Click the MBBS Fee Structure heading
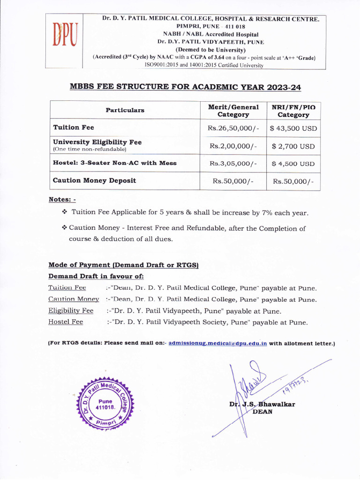[x=185, y=88]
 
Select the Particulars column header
[x=125, y=110]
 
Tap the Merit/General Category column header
[x=233, y=111]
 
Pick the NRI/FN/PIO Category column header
[x=293, y=111]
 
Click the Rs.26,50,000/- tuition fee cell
[x=233, y=128]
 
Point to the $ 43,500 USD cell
[x=293, y=128]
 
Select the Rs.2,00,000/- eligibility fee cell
[x=233, y=146]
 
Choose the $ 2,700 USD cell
[x=293, y=146]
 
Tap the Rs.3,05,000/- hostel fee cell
[x=233, y=164]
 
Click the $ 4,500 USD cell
[x=293, y=164]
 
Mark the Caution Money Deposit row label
[x=95, y=180]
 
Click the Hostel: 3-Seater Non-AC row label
[x=115, y=163]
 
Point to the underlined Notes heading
[x=62, y=200]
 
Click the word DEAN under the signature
[x=262, y=412]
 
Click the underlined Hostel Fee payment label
[x=66, y=322]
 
